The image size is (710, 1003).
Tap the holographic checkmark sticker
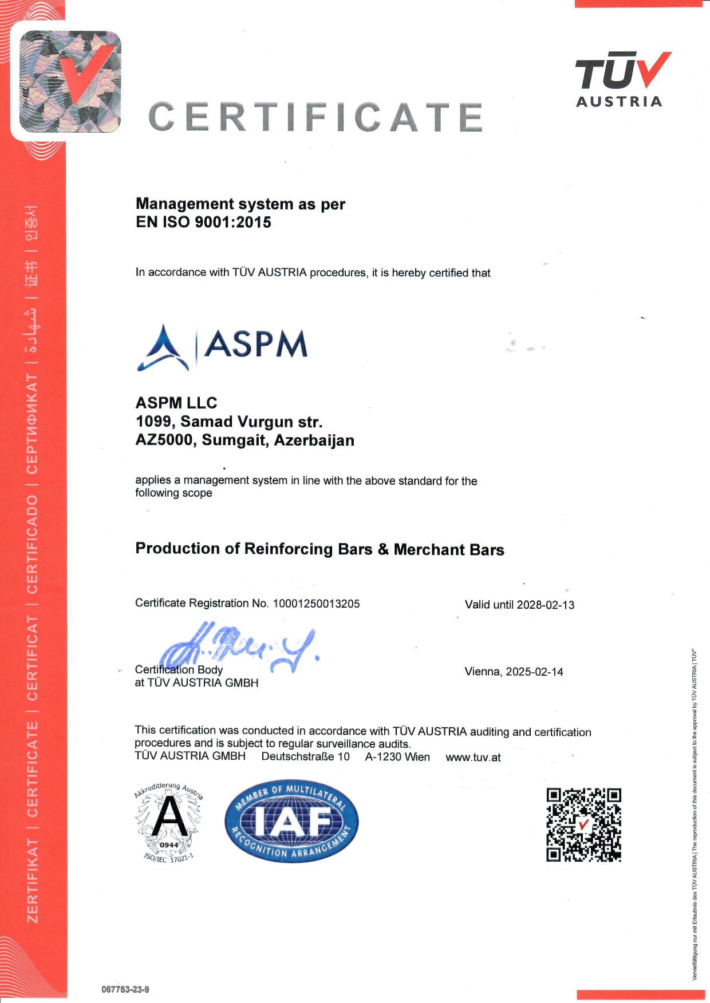pos(70,81)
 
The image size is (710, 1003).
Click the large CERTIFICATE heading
pos(315,117)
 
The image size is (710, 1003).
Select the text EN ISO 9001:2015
pos(203,222)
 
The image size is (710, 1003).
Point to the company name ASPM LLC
pos(176,403)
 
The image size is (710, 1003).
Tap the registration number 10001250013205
pos(316,603)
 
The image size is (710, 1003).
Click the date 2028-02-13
pos(545,605)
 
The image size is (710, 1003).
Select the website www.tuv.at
pos(473,758)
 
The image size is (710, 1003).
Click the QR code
pos(583,824)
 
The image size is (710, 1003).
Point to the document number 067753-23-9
pos(125,989)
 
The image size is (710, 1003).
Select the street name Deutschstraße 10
pos(305,756)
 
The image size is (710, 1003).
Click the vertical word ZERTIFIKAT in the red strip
pos(33,881)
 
